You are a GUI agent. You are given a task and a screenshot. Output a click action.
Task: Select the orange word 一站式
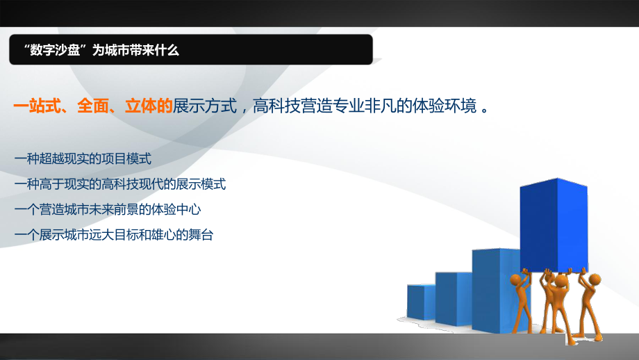tap(36, 106)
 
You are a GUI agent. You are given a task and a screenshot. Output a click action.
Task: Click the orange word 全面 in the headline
tap(94, 106)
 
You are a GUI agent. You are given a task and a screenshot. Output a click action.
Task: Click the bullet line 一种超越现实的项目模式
tap(82, 159)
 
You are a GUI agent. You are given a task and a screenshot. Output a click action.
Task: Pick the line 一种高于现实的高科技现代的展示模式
tap(119, 185)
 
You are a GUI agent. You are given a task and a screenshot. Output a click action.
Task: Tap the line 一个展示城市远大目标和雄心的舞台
tap(113, 236)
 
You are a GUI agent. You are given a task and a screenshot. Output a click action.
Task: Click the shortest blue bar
tap(420, 302)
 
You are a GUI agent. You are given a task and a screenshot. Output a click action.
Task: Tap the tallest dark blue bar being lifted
tap(552, 222)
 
